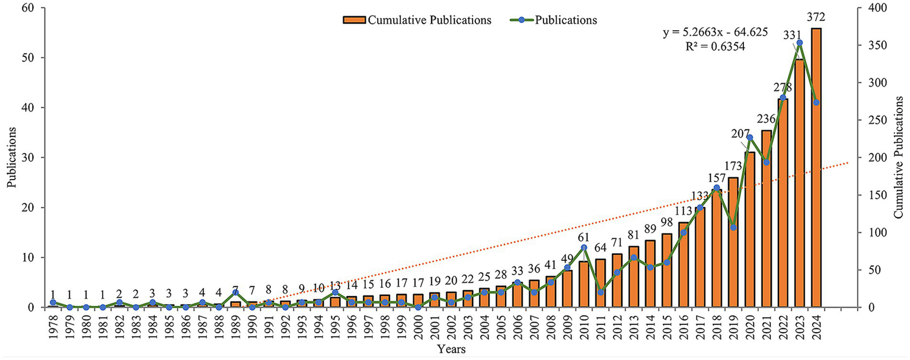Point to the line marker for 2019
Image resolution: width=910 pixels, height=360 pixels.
(733, 227)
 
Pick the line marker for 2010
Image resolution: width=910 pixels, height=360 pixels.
(584, 247)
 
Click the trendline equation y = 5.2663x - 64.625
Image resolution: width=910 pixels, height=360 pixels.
(715, 33)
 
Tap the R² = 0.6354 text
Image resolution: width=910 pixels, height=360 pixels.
(715, 46)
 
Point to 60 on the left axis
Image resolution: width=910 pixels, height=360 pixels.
(28, 8)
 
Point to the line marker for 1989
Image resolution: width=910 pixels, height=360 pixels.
(235, 292)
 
